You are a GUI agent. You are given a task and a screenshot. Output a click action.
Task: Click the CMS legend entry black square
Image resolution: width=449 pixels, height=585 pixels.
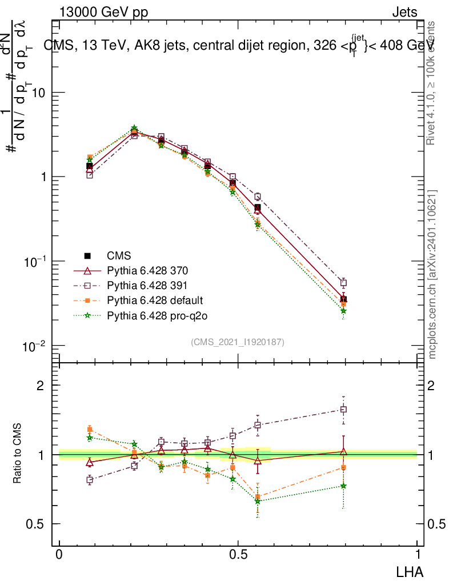(88, 255)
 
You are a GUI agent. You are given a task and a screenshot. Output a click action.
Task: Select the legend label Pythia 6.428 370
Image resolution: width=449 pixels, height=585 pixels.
(147, 270)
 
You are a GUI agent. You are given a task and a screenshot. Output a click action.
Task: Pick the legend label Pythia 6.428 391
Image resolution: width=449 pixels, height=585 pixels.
(147, 285)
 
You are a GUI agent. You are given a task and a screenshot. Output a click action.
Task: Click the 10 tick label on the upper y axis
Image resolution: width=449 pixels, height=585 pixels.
(38, 93)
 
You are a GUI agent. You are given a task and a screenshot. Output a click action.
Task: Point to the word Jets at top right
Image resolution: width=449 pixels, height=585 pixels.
(404, 13)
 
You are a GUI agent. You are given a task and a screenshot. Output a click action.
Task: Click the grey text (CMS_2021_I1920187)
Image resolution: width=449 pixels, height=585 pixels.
(238, 342)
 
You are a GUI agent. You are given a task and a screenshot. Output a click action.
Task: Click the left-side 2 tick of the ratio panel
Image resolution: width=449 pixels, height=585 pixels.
(41, 386)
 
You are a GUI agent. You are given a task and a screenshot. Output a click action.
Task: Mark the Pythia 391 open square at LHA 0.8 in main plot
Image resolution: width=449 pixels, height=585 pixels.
(343, 283)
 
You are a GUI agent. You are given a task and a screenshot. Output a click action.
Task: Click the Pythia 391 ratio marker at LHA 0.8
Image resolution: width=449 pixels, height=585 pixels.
(343, 409)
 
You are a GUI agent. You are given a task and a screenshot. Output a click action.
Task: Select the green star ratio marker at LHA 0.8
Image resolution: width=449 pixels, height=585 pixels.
(343, 486)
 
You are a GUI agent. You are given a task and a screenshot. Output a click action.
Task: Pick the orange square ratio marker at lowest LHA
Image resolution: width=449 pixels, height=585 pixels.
(90, 429)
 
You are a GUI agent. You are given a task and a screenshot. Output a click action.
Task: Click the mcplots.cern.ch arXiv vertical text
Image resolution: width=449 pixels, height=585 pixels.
(432, 274)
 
